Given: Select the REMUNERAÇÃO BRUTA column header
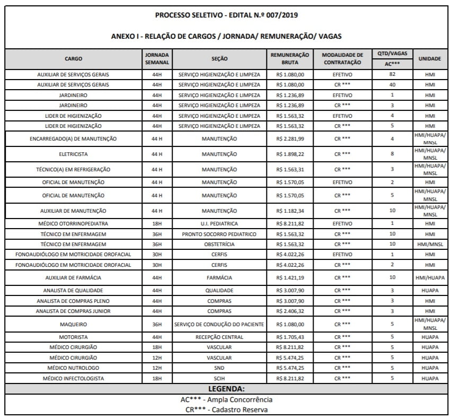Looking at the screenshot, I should pos(289,58).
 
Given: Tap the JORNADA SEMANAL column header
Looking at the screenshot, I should pos(156,58).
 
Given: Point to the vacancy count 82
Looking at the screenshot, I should pos(392,74).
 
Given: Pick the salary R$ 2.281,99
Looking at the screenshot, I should pos(290,138).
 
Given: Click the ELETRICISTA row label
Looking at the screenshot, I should pos(74,154).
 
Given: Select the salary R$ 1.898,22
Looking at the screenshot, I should pos(290,154).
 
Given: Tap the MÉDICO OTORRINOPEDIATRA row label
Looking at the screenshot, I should pos(74,224).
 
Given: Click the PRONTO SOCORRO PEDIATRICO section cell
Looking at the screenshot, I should pos(219,234).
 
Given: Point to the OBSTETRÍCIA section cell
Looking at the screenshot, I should pos(219,244).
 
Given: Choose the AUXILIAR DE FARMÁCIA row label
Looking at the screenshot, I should pos(74,277).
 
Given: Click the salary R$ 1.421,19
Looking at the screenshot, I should pos(290,277).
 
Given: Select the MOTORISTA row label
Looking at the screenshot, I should pos(74,337).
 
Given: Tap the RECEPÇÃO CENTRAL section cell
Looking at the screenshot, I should pos(219,337).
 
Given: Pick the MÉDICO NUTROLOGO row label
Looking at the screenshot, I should pos(74,368).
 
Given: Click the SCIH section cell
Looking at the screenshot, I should pos(219,378).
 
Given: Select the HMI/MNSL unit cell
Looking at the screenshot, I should pos(429,244).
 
